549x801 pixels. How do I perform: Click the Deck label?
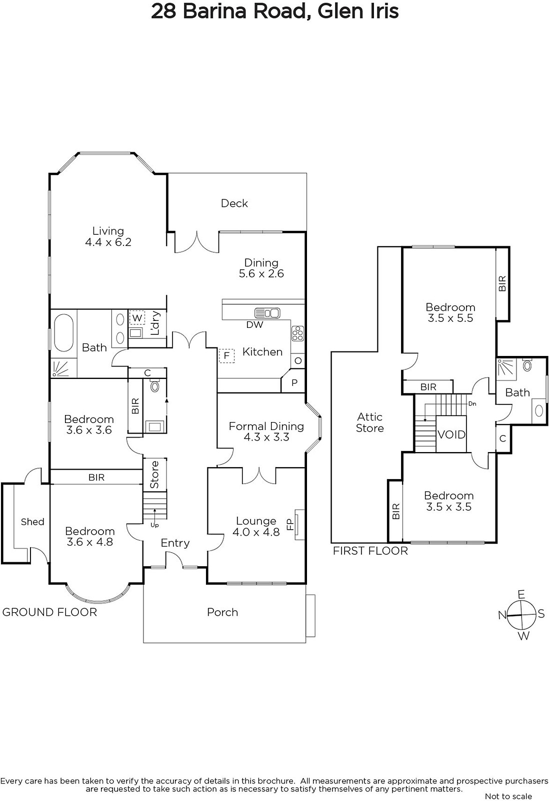tap(234, 203)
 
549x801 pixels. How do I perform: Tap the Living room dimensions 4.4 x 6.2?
tap(108, 242)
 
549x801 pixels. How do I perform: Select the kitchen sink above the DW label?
tap(267, 313)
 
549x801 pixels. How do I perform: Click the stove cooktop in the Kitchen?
tap(297, 333)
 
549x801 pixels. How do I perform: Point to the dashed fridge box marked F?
tap(226, 356)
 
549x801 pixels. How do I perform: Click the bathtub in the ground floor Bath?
tap(63, 332)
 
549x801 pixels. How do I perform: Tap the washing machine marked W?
tap(137, 317)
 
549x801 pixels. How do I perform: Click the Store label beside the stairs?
tap(154, 475)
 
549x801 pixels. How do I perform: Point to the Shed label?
tap(32, 522)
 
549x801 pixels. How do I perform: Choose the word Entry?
tap(175, 543)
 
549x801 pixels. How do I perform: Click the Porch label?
tap(222, 612)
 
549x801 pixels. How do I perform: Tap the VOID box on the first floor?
tap(451, 434)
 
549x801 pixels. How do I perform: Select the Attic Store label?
tap(369, 423)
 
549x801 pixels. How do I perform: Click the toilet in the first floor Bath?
tap(527, 365)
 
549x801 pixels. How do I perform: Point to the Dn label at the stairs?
tap(472, 404)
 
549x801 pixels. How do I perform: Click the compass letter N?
tap(502, 615)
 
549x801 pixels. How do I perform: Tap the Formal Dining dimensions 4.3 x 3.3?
tap(266, 437)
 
